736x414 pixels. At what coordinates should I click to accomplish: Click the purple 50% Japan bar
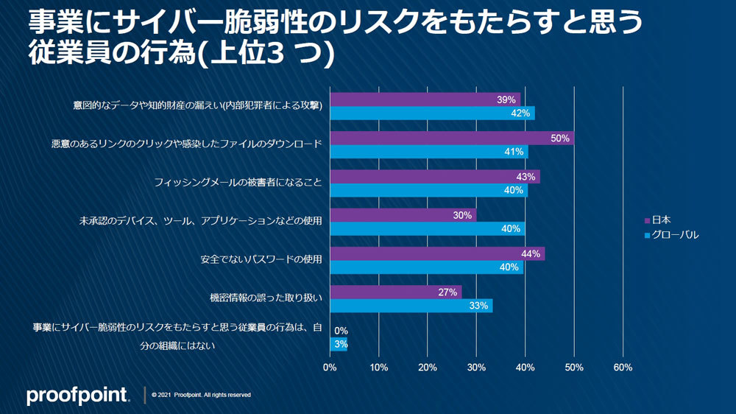pos(452,138)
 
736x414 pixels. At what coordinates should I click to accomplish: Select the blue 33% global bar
pos(411,306)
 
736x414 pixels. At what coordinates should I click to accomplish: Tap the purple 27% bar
pos(396,292)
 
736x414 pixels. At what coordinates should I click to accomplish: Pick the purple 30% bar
pos(403,215)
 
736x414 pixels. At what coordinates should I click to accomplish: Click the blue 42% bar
pos(432,113)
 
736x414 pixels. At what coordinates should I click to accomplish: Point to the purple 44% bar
pos(437,253)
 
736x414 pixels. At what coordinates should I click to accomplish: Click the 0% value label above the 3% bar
pos(341,331)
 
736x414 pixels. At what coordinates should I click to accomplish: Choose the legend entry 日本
pos(662,220)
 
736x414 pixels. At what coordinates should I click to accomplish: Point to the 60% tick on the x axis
pos(623,367)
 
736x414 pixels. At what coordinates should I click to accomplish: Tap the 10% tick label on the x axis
pos(378,367)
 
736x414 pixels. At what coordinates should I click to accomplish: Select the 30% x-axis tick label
pos(476,367)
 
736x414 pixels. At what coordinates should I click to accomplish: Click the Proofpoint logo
pos(78,396)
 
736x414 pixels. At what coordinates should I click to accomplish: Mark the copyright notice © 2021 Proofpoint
pos(201,395)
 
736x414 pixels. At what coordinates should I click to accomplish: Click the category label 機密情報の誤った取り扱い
pos(266,298)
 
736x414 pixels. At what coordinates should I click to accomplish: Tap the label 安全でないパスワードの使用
pos(261,260)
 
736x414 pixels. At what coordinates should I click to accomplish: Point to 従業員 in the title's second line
pos(62,56)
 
